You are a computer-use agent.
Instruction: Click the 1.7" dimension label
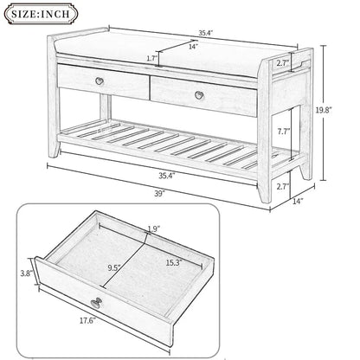coord(153,58)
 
